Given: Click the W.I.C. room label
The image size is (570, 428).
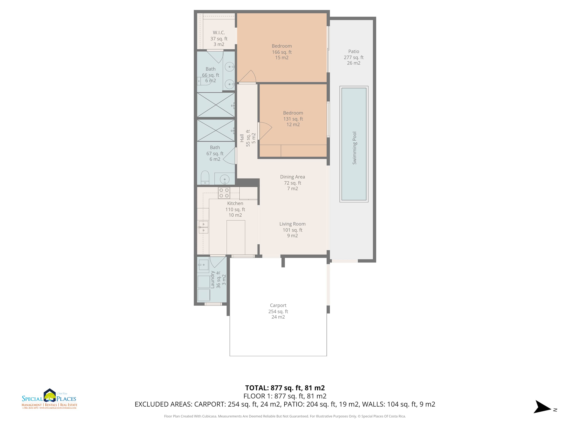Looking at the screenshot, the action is [219, 33].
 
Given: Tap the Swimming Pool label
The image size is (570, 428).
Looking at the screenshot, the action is [355, 148].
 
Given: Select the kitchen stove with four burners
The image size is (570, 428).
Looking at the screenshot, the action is [224, 193].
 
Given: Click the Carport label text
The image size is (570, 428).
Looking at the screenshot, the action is [278, 305].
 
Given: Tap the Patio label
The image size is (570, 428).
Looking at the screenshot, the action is [354, 51].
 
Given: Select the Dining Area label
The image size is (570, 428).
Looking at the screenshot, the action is [292, 177].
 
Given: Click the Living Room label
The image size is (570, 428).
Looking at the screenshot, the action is [292, 224].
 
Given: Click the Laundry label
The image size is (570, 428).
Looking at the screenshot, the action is [213, 279].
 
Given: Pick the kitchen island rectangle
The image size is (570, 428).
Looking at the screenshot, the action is [236, 237].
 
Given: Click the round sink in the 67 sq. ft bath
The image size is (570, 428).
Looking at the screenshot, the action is [224, 179].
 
